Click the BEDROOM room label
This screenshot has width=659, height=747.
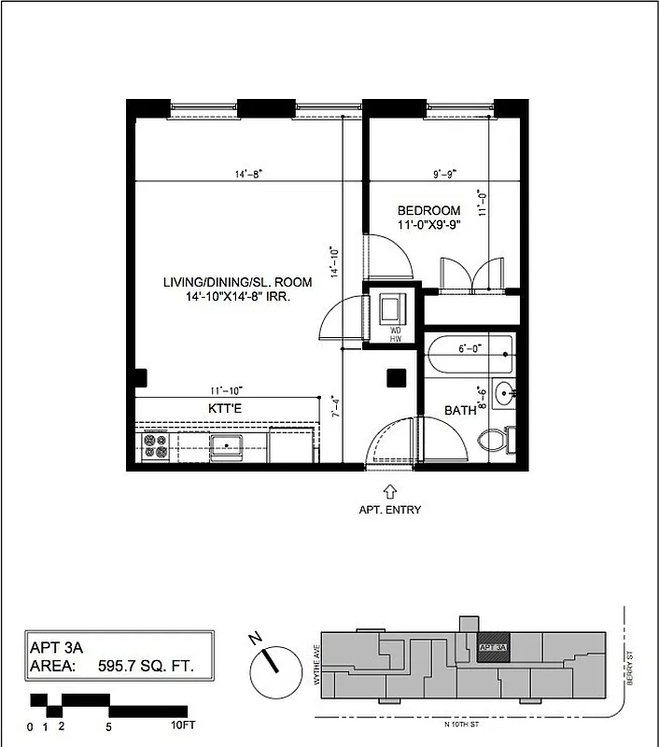click(429, 210)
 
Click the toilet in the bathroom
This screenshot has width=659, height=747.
click(492, 441)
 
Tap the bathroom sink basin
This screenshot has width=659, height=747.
click(504, 391)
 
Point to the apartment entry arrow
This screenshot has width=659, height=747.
click(390, 490)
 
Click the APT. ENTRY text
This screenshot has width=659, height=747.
click(390, 510)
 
